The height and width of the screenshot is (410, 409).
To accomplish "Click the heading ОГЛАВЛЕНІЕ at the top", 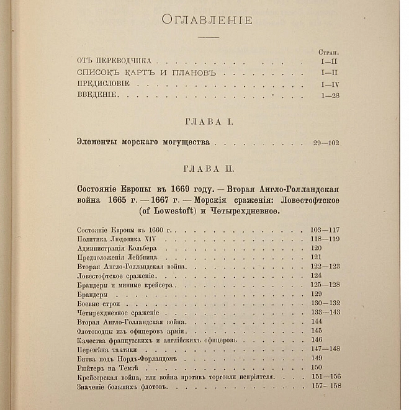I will coord(207,20).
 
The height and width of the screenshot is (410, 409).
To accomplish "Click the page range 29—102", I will coord(326,143).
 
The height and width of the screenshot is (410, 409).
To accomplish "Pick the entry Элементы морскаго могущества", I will coord(143,143).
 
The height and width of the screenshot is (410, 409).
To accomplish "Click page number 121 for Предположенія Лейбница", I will coord(317,257).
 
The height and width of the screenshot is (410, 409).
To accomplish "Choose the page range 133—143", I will coord(325,313).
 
